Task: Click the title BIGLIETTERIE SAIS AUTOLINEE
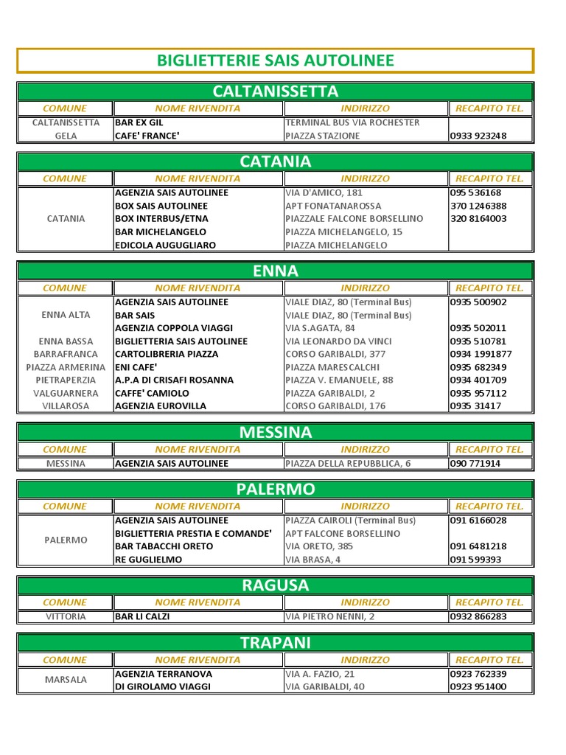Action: click(275, 60)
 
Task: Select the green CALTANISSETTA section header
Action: click(275, 91)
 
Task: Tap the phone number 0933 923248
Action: click(478, 136)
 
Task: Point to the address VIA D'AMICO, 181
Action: click(324, 192)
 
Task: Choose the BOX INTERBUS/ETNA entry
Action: click(161, 219)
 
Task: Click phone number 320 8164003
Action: click(478, 219)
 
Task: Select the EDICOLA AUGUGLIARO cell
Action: click(165, 245)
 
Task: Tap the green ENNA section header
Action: click(275, 271)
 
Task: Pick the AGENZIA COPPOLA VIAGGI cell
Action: click(174, 328)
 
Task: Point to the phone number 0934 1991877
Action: click(481, 354)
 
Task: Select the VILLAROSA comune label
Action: click(66, 406)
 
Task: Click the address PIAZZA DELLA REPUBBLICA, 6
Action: click(348, 464)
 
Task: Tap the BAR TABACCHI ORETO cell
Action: click(164, 546)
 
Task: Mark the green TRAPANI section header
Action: click(275, 643)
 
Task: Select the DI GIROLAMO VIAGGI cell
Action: click(162, 686)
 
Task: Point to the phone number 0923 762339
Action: click(478, 674)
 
